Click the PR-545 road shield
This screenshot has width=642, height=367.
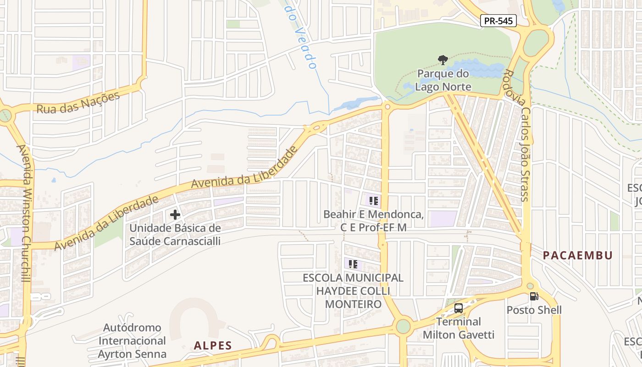pos(498,21)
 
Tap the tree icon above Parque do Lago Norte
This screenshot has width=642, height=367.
pos(443,60)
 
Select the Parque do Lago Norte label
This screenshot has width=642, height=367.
pos(443,80)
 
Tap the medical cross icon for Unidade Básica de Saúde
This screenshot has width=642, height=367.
pos(175,214)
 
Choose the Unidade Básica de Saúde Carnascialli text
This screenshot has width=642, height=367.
pos(175,234)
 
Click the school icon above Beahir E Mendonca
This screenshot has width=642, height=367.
pos(373,200)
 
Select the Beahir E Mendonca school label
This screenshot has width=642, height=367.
pos(373,221)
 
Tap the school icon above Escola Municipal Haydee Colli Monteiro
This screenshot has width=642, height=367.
pos(353,264)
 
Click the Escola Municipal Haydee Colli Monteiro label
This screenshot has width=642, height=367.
pos(353,291)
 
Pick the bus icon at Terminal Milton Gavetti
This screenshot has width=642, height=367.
pos(459,308)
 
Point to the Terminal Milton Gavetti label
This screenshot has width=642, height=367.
pos(459,328)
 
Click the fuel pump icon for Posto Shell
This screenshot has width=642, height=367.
pos(534,296)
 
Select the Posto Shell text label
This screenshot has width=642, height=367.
pos(534,310)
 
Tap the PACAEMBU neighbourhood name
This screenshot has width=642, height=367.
pos(578,256)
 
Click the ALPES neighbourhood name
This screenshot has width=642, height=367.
pos(213,345)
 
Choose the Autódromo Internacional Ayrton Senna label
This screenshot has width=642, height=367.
pos(132,341)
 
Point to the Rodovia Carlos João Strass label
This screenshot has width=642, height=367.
pos(517,135)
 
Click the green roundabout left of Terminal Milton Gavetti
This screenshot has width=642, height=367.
pos(403,327)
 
